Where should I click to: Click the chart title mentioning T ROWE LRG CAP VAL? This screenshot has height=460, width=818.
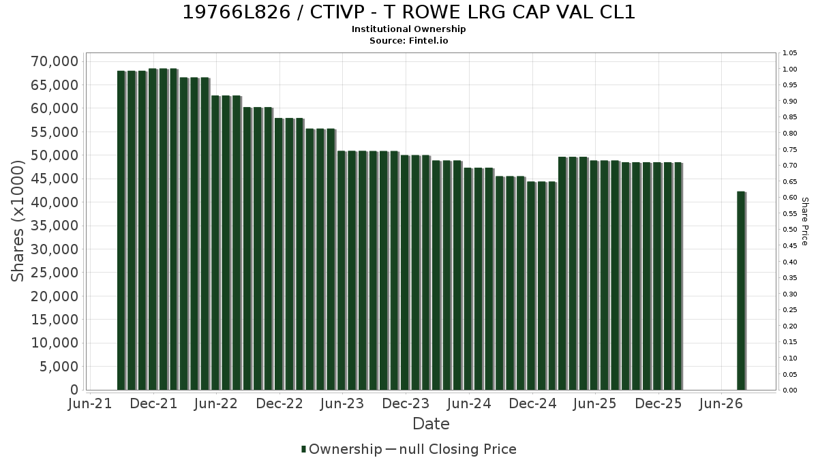coord(408,12)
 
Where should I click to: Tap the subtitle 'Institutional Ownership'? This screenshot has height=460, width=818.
coord(408,29)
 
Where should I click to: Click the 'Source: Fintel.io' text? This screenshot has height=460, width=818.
coord(408,40)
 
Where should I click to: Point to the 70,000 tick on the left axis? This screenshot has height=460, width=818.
coord(55,61)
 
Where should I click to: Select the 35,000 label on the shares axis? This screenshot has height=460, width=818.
coord(55,226)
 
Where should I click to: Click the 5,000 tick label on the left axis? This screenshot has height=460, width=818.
coord(59,367)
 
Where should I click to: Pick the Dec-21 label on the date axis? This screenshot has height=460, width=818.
coord(154,403)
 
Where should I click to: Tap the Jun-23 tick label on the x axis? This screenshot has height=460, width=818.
coord(342,403)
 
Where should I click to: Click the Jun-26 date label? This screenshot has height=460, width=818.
coord(721,403)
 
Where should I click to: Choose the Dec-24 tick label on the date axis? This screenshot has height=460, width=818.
coord(533,403)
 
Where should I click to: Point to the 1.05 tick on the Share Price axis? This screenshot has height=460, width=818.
coord(789,53)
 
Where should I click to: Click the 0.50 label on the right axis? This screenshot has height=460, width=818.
coord(789,230)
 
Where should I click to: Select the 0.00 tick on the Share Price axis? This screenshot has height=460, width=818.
coord(789,390)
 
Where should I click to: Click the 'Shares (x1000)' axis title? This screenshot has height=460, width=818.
coord(17,221)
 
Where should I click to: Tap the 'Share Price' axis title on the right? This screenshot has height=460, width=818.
coord(804,221)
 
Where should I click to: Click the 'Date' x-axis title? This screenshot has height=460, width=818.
coord(431,424)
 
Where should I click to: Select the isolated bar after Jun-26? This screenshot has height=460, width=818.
coord(742,290)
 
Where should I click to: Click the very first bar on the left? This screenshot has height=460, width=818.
coord(121,230)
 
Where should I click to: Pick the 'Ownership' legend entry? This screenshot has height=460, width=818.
coord(342,449)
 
